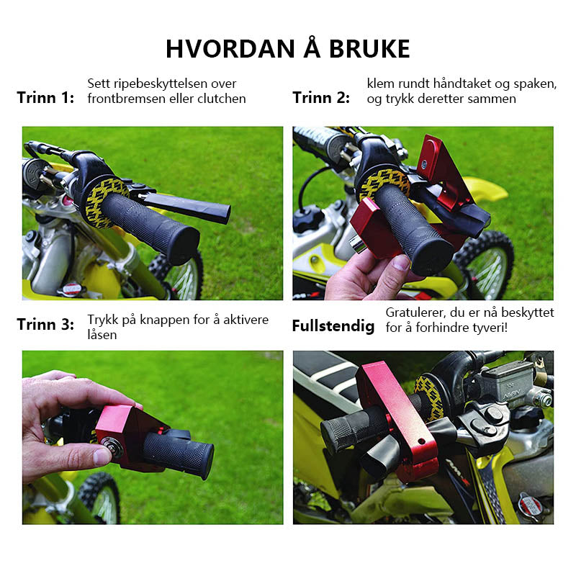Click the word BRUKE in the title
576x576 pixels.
(x=369, y=48)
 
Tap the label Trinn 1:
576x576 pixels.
(x=45, y=98)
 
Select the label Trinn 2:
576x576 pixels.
(x=321, y=98)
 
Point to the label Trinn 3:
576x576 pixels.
(x=45, y=325)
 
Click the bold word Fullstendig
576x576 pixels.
(x=333, y=326)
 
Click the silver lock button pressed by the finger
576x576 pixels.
(x=109, y=445)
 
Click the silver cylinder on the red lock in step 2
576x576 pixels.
(x=357, y=244)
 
